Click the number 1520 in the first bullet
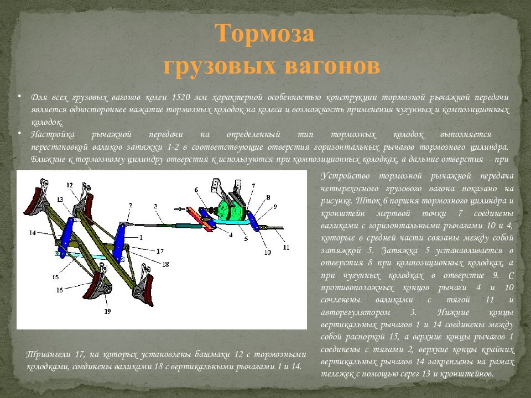[x=182, y=97]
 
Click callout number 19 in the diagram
[x=107, y=311]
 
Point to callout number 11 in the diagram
[x=286, y=247]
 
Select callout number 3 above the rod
[x=157, y=206]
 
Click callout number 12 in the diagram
[x=69, y=184]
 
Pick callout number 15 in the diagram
[x=55, y=276]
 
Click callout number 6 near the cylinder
[x=196, y=190]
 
